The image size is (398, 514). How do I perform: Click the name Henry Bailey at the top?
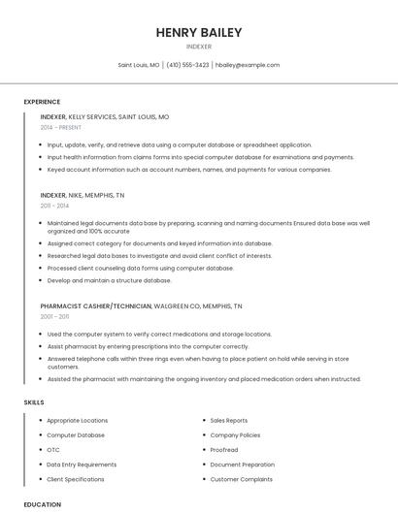pyautogui.click(x=199, y=32)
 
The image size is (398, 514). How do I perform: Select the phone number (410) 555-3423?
pyautogui.click(x=187, y=65)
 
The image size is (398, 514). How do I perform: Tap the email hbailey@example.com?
pyautogui.click(x=248, y=65)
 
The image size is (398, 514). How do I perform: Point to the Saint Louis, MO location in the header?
pyautogui.click(x=139, y=65)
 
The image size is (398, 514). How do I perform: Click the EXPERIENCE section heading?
pyautogui.click(x=42, y=102)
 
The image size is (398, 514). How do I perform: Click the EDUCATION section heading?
pyautogui.click(x=43, y=504)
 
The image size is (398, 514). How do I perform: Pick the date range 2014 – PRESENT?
pyautogui.click(x=61, y=127)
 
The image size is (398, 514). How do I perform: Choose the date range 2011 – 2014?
pyautogui.click(x=54, y=206)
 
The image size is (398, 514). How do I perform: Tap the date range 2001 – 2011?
pyautogui.click(x=54, y=316)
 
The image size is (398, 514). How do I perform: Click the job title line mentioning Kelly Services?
pyautogui.click(x=105, y=116)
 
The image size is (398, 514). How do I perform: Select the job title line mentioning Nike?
pyautogui.click(x=83, y=195)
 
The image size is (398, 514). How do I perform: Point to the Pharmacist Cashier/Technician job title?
pyautogui.click(x=96, y=305)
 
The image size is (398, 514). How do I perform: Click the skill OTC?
pyautogui.click(x=53, y=450)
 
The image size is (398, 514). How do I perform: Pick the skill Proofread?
pyautogui.click(x=224, y=450)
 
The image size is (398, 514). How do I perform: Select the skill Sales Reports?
pyautogui.click(x=229, y=421)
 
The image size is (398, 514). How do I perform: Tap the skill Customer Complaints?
pyautogui.click(x=242, y=479)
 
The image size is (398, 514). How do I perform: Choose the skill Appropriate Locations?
pyautogui.click(x=78, y=421)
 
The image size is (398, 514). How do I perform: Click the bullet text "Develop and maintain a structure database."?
pyautogui.click(x=109, y=280)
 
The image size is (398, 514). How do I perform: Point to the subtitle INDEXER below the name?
pyautogui.click(x=199, y=47)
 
